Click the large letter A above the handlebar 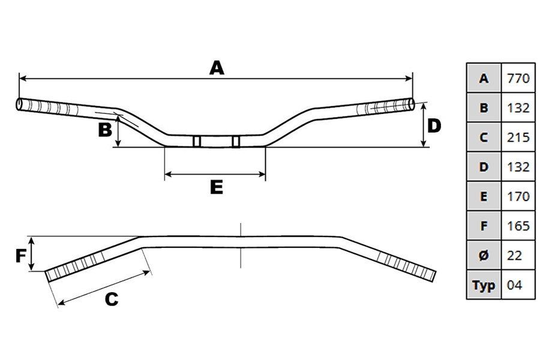(x=217, y=68)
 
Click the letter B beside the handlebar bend (x=105, y=130)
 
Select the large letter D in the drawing (x=434, y=126)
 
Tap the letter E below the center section (x=217, y=187)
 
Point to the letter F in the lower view (x=21, y=256)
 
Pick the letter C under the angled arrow (x=112, y=299)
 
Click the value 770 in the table (x=518, y=79)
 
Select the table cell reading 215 (x=518, y=137)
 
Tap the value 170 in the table (x=518, y=196)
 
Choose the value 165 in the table (x=518, y=226)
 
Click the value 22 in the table (x=515, y=256)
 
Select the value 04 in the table (x=515, y=285)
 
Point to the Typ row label (x=484, y=286)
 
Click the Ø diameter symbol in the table (x=484, y=256)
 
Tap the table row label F (x=484, y=226)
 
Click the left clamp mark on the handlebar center (x=197, y=141)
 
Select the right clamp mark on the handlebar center (x=236, y=141)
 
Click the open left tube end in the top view (x=19, y=105)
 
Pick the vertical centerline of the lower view (x=241, y=245)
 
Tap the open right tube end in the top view (x=412, y=105)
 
